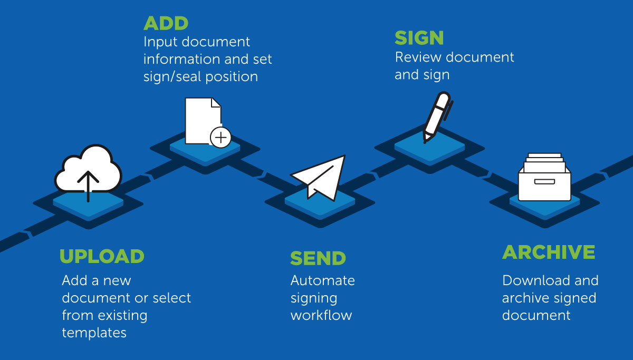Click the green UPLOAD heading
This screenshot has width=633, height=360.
coord(102,256)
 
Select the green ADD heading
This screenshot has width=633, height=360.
coord(166,24)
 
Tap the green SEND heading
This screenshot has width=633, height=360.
coord(318,258)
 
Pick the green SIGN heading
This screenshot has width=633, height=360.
coord(419,38)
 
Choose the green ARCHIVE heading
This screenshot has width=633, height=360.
coord(549,252)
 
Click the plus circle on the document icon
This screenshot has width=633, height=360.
coord(220,138)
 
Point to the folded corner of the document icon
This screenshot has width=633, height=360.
coord(215,103)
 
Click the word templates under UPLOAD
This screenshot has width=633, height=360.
coord(94,333)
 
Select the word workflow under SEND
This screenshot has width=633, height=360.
coord(321,316)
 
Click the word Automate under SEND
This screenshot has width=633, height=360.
coord(322,280)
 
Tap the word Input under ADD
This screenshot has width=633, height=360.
coord(159,42)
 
